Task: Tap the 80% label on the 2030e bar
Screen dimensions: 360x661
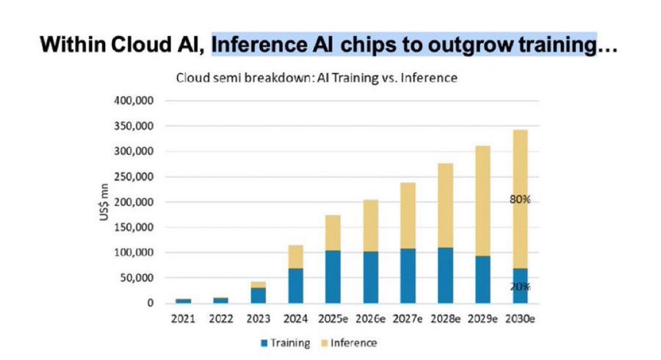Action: tap(520, 198)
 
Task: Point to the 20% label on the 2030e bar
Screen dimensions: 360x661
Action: tap(520, 287)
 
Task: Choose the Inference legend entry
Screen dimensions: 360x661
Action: tap(350, 343)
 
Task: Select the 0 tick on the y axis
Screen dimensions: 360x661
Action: tap(149, 303)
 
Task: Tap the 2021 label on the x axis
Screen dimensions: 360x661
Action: tap(183, 320)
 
